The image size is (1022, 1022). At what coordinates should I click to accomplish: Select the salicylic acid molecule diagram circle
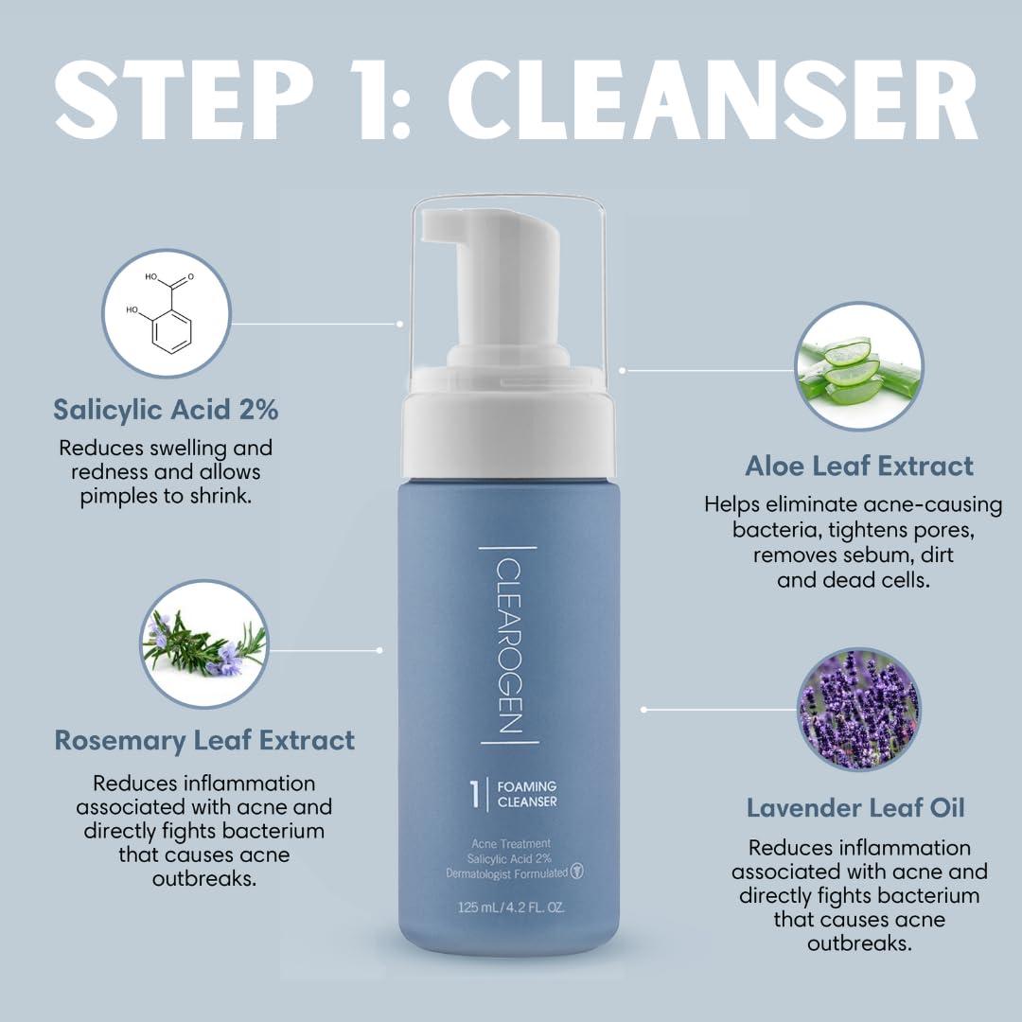click(167, 313)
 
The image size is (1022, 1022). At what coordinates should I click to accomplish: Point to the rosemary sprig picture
click(203, 643)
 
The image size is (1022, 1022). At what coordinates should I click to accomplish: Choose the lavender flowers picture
click(858, 709)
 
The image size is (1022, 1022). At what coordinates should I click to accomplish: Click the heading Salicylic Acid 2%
click(166, 410)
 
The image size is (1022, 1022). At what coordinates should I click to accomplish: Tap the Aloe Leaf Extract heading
click(858, 466)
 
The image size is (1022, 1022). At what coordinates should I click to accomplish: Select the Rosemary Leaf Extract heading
click(204, 740)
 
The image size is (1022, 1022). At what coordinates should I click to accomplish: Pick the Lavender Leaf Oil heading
click(855, 808)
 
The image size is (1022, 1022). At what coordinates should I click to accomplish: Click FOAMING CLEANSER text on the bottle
click(527, 794)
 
